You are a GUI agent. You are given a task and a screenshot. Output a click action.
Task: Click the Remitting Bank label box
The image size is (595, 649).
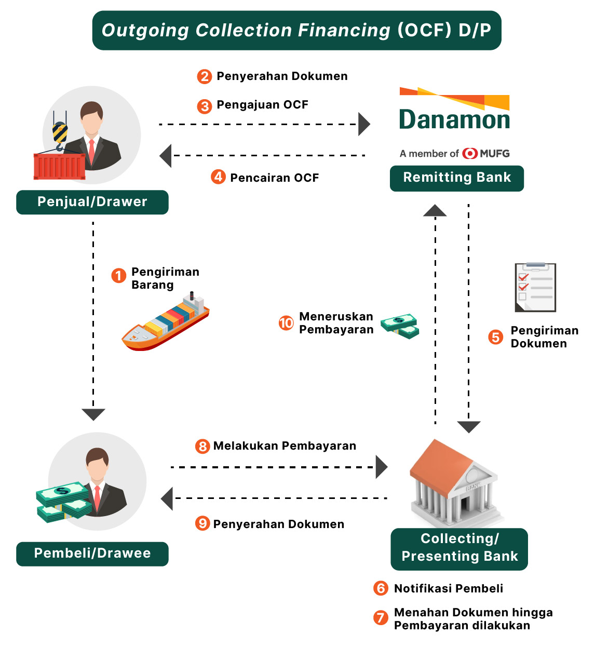tap(457, 178)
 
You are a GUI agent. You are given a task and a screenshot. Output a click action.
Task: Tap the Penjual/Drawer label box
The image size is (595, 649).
tap(92, 202)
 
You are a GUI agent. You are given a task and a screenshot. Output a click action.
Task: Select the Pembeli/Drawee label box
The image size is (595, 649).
tap(92, 553)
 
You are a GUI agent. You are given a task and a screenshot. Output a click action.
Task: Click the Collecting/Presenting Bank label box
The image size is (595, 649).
tap(459, 549)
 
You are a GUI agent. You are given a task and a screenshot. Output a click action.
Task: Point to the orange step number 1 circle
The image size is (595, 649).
tap(119, 275)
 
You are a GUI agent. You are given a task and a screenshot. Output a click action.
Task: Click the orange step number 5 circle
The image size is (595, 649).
tap(496, 337)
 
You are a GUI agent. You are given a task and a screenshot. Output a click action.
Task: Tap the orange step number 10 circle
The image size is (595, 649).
tap(286, 323)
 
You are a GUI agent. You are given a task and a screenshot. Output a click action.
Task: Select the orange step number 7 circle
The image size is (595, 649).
tap(381, 617)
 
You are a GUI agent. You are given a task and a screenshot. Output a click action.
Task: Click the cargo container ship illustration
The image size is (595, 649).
tap(166, 322)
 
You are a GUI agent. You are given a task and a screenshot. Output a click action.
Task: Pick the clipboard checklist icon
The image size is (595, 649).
tap(535, 287)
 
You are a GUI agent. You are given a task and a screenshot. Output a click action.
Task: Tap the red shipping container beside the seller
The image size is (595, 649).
tap(59, 166)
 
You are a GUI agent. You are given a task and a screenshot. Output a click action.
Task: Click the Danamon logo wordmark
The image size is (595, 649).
tap(454, 119)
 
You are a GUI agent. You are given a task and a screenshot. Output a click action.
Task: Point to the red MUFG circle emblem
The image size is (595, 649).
tap(470, 154)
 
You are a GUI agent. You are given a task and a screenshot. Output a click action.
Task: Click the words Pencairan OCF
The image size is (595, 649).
tap(274, 178)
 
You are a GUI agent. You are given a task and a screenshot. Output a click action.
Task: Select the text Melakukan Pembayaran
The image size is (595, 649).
tap(285, 446)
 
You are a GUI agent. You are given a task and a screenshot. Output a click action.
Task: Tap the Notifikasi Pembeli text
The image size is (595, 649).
tap(449, 589)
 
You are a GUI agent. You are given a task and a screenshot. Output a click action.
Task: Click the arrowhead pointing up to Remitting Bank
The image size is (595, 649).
tap(435, 210)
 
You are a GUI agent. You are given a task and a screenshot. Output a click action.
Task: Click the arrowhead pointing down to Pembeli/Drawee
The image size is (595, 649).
tap(93, 414)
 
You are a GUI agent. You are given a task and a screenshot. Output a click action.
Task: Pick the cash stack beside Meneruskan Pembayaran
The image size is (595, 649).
tap(400, 326)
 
